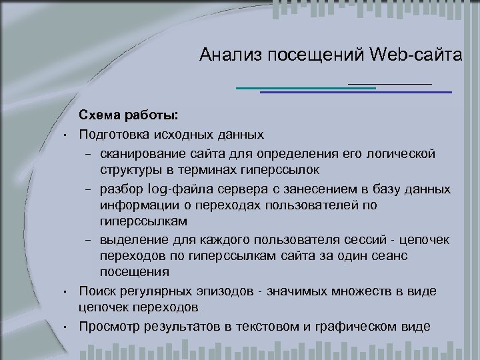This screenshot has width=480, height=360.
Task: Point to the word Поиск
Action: tap(99, 291)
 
